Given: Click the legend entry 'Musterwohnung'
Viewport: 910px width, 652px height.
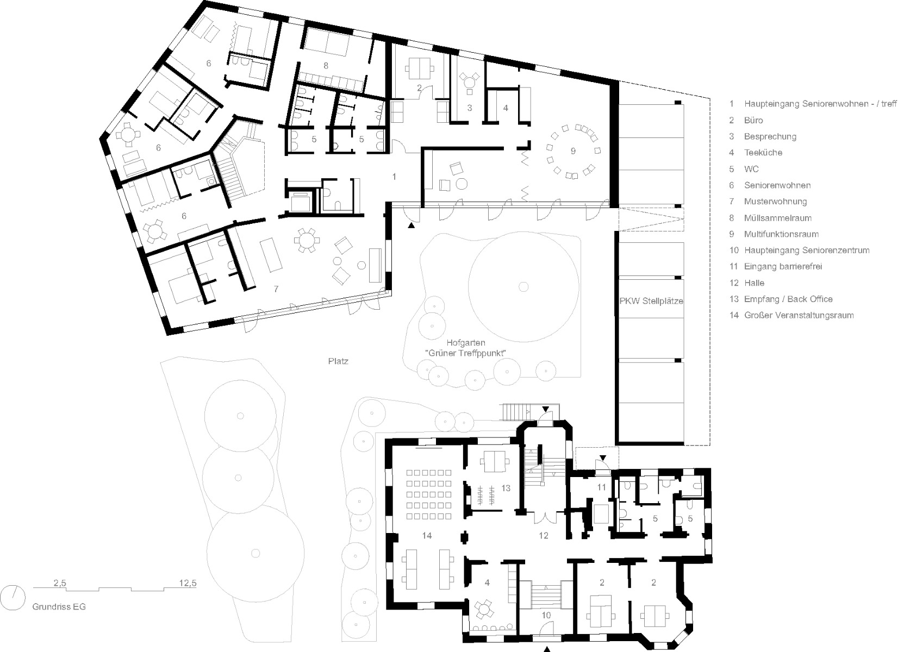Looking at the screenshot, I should (x=775, y=202).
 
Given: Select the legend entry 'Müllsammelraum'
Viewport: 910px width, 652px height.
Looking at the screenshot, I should (x=777, y=218).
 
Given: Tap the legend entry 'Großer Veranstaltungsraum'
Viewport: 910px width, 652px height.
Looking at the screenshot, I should (x=799, y=315).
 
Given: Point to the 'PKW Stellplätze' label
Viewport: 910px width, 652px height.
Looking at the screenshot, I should (x=651, y=301).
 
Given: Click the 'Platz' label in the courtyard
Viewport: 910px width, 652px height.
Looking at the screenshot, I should (x=338, y=361).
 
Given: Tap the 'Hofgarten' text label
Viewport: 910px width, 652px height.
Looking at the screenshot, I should (x=465, y=343).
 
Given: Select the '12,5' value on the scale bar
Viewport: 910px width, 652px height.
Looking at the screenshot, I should (x=187, y=584).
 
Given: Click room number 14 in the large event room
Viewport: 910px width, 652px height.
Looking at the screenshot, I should (x=427, y=536).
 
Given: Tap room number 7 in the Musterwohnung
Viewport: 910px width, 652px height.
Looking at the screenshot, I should (x=276, y=289).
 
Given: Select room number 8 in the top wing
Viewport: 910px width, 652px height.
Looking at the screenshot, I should (x=326, y=66).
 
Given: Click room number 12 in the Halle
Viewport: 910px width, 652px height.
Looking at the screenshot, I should (x=544, y=536).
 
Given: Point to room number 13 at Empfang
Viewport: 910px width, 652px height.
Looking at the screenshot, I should (x=506, y=488).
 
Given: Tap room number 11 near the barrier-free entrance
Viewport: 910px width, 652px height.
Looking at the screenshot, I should (x=602, y=487).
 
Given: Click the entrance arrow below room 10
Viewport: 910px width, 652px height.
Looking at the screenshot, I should (x=547, y=648).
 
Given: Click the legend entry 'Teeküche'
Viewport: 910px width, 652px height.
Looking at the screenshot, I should (x=763, y=153).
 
